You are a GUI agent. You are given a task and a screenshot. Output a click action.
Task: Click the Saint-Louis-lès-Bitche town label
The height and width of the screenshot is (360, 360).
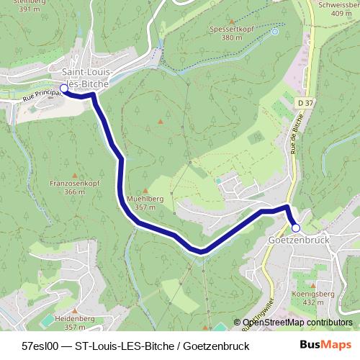tap(86, 78)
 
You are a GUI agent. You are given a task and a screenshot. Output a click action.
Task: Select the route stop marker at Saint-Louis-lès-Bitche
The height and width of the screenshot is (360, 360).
tap(64, 89)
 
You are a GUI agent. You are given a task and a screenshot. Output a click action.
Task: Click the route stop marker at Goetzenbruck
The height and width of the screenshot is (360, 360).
tap(295, 228)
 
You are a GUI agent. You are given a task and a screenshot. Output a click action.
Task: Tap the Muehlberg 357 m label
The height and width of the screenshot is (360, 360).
tap(146, 202)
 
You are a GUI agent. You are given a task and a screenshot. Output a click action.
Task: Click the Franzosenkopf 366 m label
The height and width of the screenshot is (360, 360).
tap(74, 188)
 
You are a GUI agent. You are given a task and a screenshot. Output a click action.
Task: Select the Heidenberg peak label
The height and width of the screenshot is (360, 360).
tap(76, 317)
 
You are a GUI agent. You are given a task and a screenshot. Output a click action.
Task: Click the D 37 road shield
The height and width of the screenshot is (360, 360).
tap(305, 104)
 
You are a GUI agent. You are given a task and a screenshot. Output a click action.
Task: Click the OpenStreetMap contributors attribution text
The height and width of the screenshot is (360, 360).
tap(297, 323)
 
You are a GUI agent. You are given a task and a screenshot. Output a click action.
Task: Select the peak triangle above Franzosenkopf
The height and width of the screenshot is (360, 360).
tap(74, 175)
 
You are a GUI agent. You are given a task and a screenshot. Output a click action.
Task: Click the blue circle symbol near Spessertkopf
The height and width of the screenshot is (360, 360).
tap(274, 31)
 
